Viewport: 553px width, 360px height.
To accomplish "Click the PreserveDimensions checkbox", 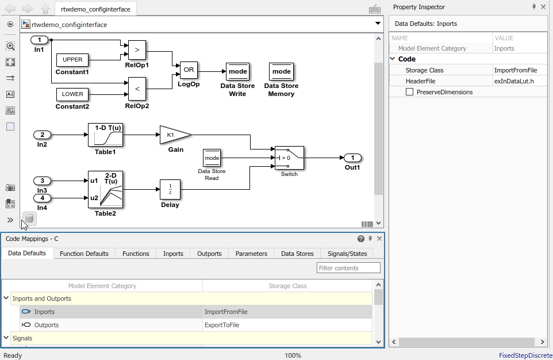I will (410, 92).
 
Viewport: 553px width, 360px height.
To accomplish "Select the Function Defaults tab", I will (84, 254).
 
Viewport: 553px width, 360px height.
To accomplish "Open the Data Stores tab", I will (297, 254).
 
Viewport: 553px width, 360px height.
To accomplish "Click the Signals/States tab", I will (347, 254).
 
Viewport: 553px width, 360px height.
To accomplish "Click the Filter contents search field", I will (348, 268).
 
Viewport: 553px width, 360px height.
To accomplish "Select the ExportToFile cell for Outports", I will (222, 325).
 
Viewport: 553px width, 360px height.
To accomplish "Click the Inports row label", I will (44, 312).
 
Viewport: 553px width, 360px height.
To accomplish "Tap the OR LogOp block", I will (189, 70).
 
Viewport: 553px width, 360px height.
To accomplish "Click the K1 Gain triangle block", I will (174, 135).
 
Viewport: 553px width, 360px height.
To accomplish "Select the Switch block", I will (289, 157).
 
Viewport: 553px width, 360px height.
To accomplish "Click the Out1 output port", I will (352, 158).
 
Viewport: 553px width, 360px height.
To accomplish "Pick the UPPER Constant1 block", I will (72, 60).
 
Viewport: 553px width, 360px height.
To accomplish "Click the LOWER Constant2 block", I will (72, 94).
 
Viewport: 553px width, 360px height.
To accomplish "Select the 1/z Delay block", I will (170, 189).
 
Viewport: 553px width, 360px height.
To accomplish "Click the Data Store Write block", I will (237, 72).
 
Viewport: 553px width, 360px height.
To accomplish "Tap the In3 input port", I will (42, 181).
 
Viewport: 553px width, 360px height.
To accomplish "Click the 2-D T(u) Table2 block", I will (105, 189).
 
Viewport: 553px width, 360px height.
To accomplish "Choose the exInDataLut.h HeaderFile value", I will (514, 81).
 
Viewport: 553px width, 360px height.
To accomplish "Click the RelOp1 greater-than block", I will (137, 50).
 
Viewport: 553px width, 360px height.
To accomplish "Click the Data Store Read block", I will (212, 158).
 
